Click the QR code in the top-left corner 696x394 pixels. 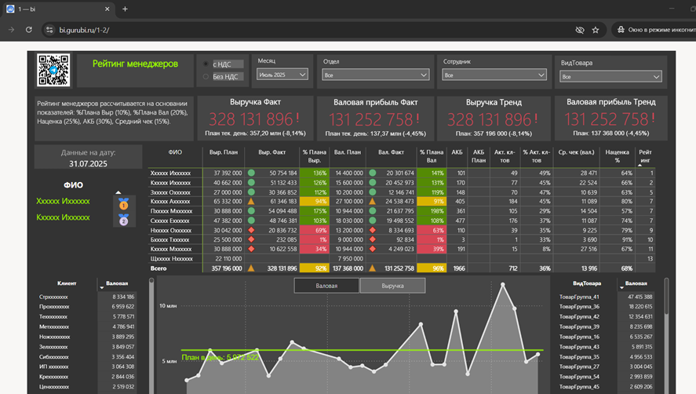coord(53,71)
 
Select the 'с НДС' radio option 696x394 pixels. coord(206,64)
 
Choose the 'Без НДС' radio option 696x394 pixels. coord(206,76)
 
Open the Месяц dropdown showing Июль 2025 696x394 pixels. coord(282,75)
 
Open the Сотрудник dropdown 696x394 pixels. coord(494,75)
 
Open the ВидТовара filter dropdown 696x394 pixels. coord(610,77)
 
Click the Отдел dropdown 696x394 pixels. coord(376,75)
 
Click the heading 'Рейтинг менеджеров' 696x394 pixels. coord(135,64)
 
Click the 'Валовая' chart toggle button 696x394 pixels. coord(326,286)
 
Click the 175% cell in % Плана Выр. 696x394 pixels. coord(319,211)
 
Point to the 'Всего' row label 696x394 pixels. coord(159,268)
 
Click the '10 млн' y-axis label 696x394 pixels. coord(168,305)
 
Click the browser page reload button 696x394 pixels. coord(29,30)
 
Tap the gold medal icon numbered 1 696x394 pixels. coord(122,205)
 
